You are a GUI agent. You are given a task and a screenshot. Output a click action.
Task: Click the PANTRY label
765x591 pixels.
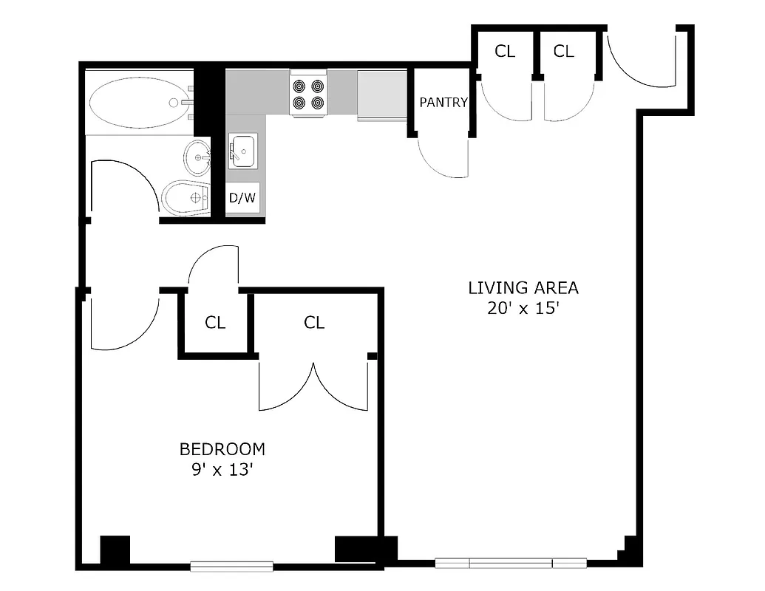[x=443, y=103]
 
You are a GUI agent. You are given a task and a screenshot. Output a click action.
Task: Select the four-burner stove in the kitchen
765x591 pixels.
[x=308, y=95]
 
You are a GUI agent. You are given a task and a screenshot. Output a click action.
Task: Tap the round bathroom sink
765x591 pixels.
[x=198, y=156]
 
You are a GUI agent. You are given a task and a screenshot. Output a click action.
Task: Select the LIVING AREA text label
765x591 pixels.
[x=523, y=288]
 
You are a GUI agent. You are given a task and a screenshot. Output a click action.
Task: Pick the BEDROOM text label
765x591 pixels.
[x=222, y=449]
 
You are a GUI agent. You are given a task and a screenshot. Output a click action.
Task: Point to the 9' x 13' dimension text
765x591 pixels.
[x=222, y=470]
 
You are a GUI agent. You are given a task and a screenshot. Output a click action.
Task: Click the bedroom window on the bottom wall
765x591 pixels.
[x=231, y=567]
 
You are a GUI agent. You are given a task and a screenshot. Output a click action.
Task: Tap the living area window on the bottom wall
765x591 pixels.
[x=511, y=563]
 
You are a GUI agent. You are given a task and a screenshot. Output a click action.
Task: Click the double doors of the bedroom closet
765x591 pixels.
[x=313, y=388]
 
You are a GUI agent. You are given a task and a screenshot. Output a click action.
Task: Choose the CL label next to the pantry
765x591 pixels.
[x=505, y=51]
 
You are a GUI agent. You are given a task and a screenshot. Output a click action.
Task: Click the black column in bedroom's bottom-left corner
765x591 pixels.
[x=115, y=550]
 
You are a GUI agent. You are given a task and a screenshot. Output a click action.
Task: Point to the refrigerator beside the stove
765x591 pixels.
[x=382, y=95]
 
